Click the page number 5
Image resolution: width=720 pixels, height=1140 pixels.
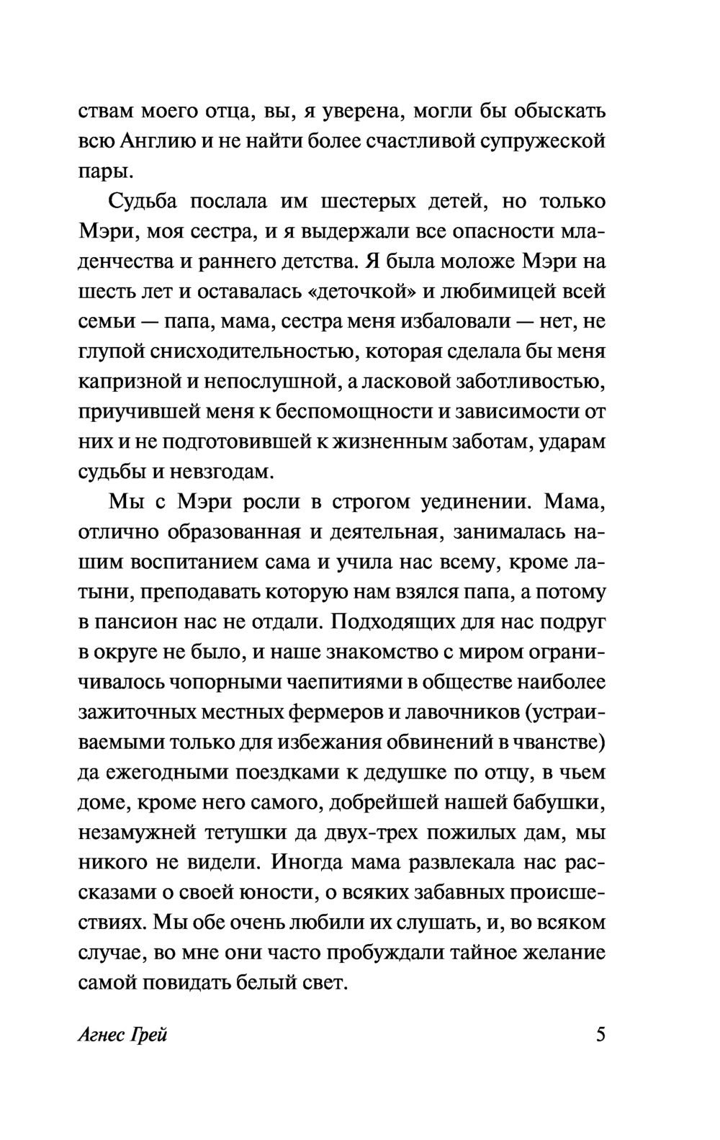(601, 1036)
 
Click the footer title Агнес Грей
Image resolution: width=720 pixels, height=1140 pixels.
(122, 1037)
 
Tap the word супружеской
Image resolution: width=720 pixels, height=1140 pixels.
(544, 142)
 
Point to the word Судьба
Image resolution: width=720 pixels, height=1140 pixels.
(143, 202)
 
